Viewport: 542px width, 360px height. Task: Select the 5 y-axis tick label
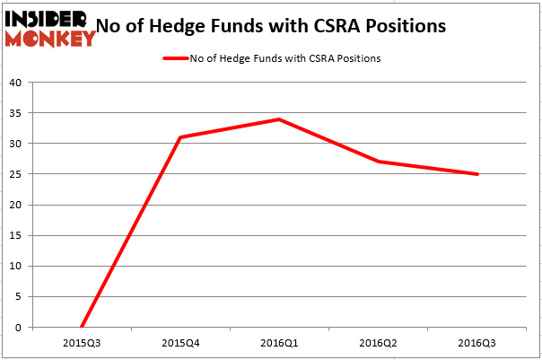(x=18, y=297)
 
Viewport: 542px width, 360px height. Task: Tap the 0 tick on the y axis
(x=18, y=328)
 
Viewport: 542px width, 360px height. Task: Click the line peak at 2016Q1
(x=279, y=119)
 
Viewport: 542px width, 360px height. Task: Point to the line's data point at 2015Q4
(x=180, y=137)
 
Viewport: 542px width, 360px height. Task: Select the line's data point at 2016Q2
(x=378, y=162)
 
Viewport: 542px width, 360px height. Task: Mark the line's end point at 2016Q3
(x=476, y=174)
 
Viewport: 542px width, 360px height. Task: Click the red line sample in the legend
(x=175, y=59)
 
